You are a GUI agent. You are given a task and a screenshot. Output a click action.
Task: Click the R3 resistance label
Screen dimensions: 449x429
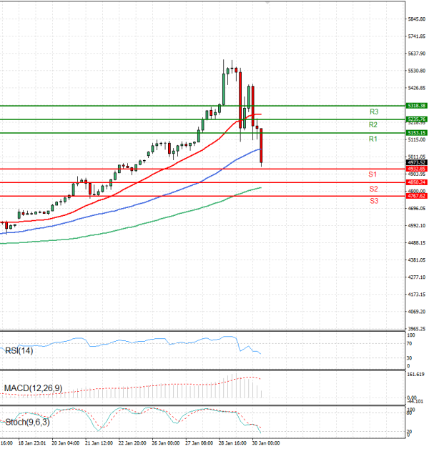[373, 112]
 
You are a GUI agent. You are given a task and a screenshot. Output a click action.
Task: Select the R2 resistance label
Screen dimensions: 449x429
[373, 125]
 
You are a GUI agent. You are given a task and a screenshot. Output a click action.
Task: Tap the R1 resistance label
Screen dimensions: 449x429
[373, 139]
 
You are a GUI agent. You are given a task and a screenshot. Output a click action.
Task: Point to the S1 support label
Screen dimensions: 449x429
[373, 174]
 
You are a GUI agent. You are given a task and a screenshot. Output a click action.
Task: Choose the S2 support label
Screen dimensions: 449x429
[373, 188]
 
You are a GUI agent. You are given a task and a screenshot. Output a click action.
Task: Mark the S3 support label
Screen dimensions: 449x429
[373, 201]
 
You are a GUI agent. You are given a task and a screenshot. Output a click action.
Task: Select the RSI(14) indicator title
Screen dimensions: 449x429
[19, 350]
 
